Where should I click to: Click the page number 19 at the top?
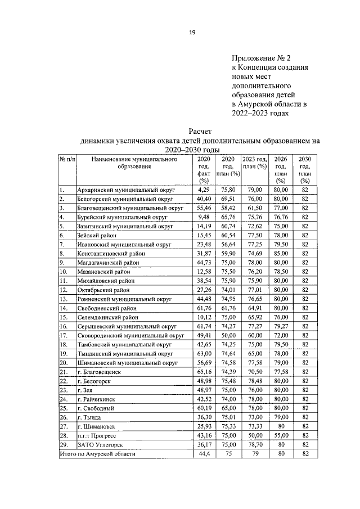tap(192, 33)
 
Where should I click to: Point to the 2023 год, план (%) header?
tap(254, 163)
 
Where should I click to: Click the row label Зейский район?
tap(97, 235)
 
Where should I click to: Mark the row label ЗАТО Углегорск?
tap(99, 444)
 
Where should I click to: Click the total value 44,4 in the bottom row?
tap(203, 453)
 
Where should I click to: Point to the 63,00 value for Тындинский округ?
tap(203, 353)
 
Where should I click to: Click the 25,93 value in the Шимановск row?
tap(203, 426)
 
